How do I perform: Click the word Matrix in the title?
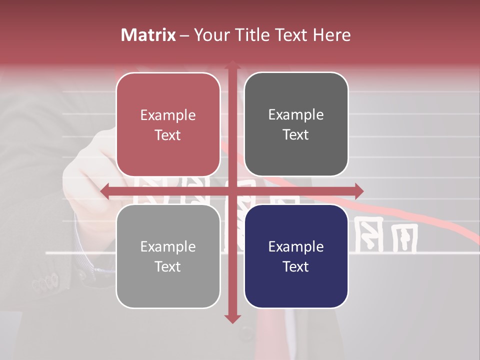[148, 35]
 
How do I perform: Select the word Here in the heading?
[331, 35]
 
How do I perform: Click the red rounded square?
[168, 90]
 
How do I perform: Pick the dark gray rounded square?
[296, 90]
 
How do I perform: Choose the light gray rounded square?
[168, 290]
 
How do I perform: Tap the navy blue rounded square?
[296, 290]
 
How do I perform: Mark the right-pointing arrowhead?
[358, 191]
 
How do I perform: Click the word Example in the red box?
[168, 115]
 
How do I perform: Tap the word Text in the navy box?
[296, 266]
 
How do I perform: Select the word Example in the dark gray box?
[296, 115]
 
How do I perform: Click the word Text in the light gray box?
[168, 266]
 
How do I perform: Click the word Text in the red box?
[168, 135]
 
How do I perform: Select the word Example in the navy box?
[296, 246]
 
